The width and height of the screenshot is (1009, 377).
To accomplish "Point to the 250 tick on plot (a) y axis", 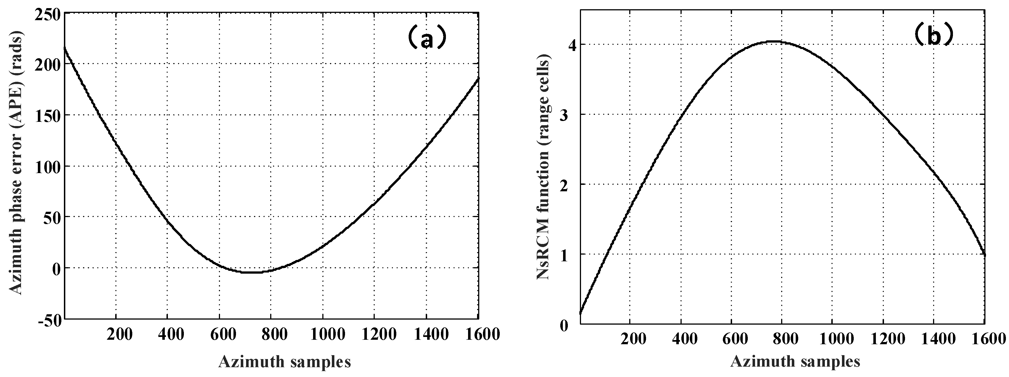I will pyautogui.click(x=47, y=14).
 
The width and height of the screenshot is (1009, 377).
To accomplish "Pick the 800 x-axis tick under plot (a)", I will pyautogui.click(x=271, y=335).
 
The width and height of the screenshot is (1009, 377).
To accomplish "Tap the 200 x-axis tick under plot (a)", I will pyautogui.click(x=116, y=335).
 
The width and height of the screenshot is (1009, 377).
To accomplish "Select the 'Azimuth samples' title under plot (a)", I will pyautogui.click(x=284, y=362).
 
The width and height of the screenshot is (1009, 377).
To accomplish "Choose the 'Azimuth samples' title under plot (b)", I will pyautogui.click(x=795, y=362).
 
